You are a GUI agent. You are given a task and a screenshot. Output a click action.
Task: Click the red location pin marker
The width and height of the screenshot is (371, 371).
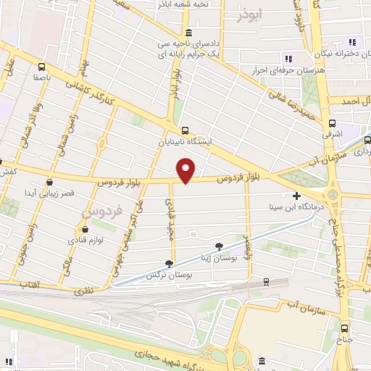187,170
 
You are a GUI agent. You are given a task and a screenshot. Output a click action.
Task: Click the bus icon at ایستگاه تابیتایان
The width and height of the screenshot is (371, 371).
186,131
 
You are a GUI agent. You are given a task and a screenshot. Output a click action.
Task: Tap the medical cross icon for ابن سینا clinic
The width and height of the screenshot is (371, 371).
296,196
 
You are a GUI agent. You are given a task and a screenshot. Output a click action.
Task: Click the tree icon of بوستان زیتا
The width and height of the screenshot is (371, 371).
220,247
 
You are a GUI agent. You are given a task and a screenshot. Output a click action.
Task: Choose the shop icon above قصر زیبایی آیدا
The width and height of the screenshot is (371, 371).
49,182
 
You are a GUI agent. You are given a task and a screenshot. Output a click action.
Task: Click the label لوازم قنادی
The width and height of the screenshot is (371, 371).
88,238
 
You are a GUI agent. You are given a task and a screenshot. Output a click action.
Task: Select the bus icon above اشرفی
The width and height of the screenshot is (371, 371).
333,123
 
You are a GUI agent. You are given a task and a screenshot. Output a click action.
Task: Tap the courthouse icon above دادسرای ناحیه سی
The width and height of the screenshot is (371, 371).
188,33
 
